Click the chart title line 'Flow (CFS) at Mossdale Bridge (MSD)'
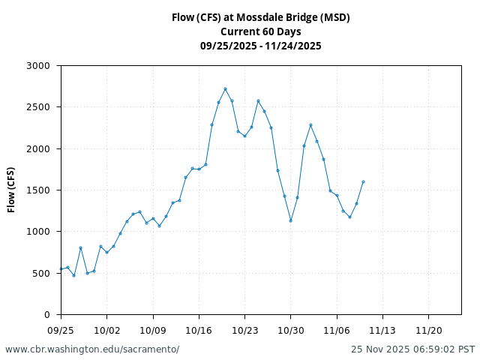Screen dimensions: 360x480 pos(260,17)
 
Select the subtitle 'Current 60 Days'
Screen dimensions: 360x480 pos(260,31)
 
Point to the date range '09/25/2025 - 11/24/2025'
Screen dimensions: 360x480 pos(260,46)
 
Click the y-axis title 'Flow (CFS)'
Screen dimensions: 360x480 pos(11,190)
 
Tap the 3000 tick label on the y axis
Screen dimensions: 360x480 pos(37,66)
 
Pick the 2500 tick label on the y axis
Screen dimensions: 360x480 pos(37,107)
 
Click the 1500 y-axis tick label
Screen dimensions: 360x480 pos(37,190)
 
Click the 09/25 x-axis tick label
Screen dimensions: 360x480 pos(61,330)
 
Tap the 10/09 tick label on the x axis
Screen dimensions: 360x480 pos(153,330)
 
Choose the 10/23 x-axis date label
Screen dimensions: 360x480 pos(244,330)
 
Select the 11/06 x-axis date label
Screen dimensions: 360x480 pos(337,330)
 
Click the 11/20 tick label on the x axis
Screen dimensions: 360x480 pos(428,330)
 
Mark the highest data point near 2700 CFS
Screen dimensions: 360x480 pos(225,88)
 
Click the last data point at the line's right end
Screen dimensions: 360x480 pos(363,181)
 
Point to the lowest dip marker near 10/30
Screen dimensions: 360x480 pos(291,220)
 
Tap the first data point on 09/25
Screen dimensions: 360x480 pos(61,268)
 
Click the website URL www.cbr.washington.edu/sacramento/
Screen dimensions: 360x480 pos(92,349)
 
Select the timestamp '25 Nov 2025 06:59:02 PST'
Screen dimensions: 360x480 pos(412,349)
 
